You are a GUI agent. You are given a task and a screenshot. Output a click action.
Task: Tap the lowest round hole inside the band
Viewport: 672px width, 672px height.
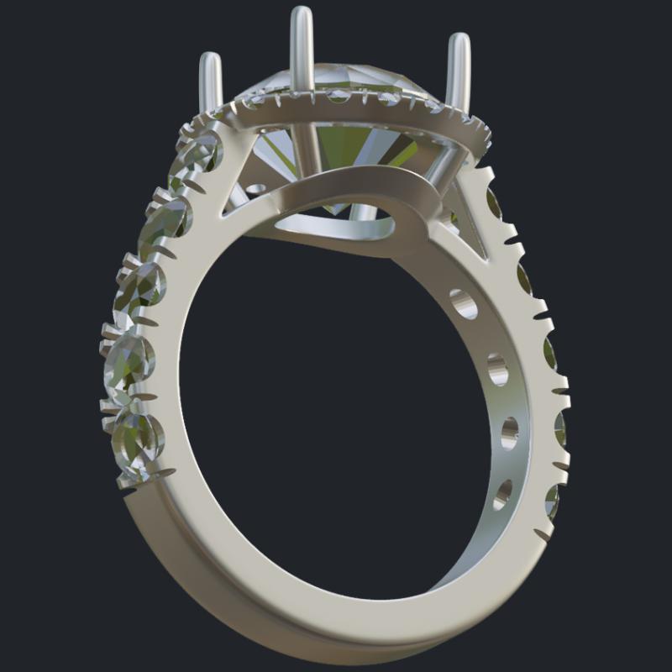point(502,493)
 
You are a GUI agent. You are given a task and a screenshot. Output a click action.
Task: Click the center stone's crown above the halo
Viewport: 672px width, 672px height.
point(336,84)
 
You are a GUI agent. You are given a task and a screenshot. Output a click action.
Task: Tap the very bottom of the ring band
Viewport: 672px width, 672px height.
point(336,643)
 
